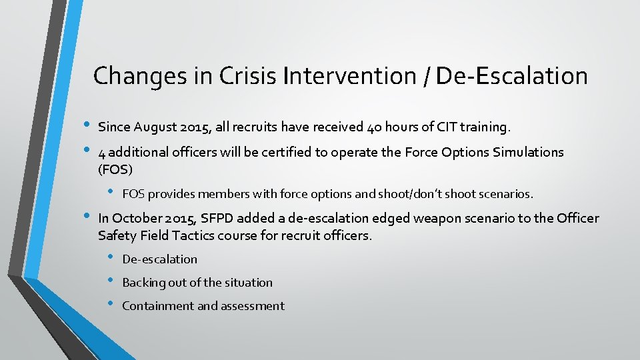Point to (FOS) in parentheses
click(x=115, y=169)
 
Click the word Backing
click(x=143, y=283)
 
